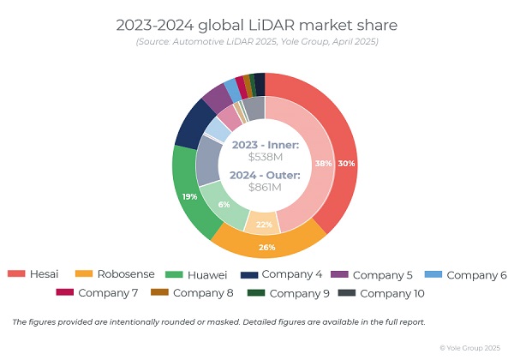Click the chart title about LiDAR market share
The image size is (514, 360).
tap(256, 25)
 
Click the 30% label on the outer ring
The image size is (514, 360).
tap(346, 164)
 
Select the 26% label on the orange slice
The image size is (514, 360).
tap(266, 248)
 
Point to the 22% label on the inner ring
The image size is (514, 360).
tap(264, 225)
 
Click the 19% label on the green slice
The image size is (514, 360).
tap(188, 196)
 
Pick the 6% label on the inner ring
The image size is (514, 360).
tap(224, 204)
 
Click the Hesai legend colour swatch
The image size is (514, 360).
tap(16, 274)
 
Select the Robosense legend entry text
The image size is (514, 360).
tap(128, 274)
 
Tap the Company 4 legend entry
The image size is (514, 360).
tap(292, 274)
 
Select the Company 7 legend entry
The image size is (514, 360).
tap(107, 293)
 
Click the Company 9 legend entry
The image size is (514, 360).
tap(299, 293)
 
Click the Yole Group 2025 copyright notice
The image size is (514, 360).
tap(472, 347)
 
